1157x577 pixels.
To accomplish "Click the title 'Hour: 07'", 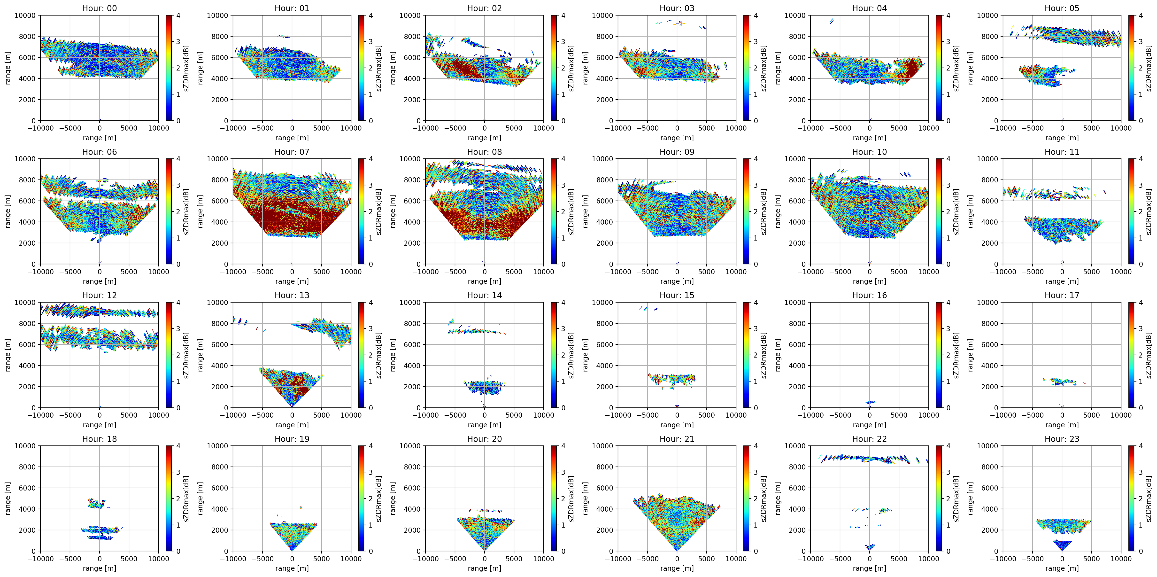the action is [292, 152].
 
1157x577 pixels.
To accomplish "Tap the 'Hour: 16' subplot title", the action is [870, 295].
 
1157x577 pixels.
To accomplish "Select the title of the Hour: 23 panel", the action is [1062, 439].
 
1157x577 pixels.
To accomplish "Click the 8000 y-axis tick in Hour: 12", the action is [27, 324].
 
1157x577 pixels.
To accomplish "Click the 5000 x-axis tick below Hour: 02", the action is [514, 128].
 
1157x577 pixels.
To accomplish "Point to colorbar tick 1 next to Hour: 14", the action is [563, 382].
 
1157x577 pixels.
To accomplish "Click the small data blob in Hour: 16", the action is [870, 402].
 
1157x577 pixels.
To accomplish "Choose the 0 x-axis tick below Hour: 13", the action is [292, 415].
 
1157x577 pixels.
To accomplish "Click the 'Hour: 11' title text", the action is [1062, 152].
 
